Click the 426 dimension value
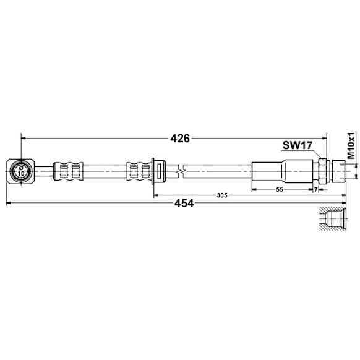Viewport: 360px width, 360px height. click(x=179, y=138)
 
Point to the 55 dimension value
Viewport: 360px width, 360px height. click(x=280, y=190)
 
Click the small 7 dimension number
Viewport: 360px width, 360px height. click(x=315, y=190)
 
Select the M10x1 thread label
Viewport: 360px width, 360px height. click(x=350, y=146)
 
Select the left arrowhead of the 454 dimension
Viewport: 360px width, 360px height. click(x=8, y=203)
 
